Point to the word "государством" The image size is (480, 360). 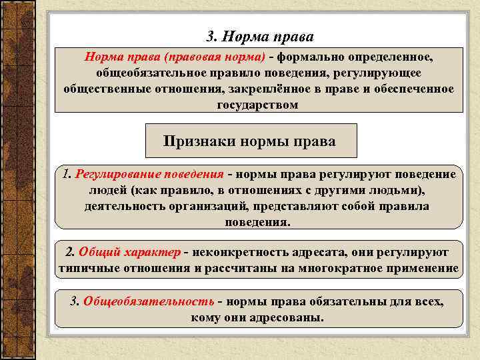pos(257,105)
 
